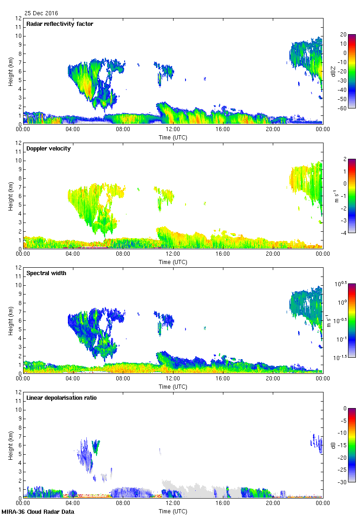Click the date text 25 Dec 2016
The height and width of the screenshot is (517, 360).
pyautogui.click(x=42, y=13)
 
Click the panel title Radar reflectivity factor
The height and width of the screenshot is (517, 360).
pyautogui.click(x=60, y=24)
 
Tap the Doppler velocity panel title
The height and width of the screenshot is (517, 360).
pyautogui.click(x=48, y=149)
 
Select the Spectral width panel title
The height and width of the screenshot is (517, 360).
pyautogui.click(x=46, y=273)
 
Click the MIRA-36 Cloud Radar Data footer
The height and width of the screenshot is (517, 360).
pyautogui.click(x=38, y=511)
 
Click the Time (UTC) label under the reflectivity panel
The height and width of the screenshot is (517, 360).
pyautogui.click(x=173, y=138)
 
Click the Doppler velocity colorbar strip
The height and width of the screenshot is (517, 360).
pyautogui.click(x=352, y=196)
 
